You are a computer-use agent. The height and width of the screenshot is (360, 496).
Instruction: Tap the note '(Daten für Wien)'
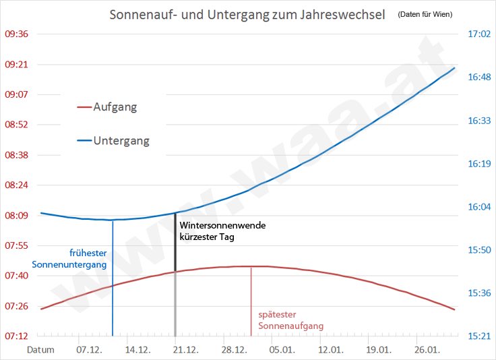[x=425, y=14]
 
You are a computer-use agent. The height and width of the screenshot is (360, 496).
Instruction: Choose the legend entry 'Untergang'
[x=121, y=141]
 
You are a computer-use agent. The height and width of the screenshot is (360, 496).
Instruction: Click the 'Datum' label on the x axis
[x=40, y=351]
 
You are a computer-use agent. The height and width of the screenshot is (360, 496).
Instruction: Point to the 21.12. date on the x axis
[x=185, y=351]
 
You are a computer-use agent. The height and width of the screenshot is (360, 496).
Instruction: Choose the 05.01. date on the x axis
[x=282, y=351]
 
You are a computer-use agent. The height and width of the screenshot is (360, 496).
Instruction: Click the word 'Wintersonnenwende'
[x=222, y=225]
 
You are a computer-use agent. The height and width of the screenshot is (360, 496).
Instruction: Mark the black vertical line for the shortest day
[x=175, y=243]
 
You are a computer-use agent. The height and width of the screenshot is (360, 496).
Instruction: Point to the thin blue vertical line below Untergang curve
[x=113, y=283]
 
